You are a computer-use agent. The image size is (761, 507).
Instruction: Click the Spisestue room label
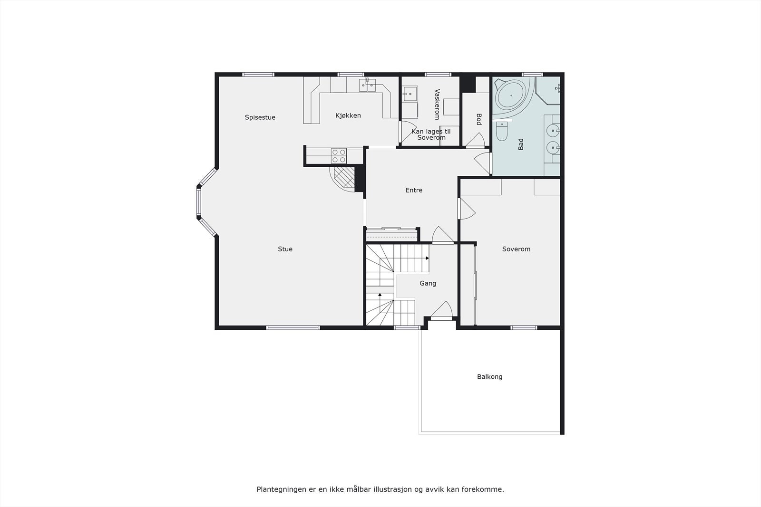[260, 117]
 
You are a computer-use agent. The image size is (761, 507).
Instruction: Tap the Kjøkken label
[348, 115]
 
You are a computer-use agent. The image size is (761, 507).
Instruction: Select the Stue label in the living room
[285, 249]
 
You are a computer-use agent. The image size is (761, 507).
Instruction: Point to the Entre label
[414, 190]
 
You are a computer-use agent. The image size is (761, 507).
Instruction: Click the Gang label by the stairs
[428, 283]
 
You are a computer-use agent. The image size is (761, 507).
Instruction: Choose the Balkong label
[489, 377]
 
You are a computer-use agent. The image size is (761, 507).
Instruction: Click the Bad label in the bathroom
[521, 144]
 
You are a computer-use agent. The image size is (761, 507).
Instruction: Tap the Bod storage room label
[479, 119]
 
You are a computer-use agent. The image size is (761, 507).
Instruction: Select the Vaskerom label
[437, 104]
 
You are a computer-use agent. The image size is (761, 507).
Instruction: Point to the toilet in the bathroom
[502, 132]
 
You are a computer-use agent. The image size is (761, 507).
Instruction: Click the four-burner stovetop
[339, 156]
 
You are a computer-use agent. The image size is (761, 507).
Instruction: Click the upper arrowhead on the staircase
[427, 258]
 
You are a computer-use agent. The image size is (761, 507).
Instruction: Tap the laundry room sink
[409, 94]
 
